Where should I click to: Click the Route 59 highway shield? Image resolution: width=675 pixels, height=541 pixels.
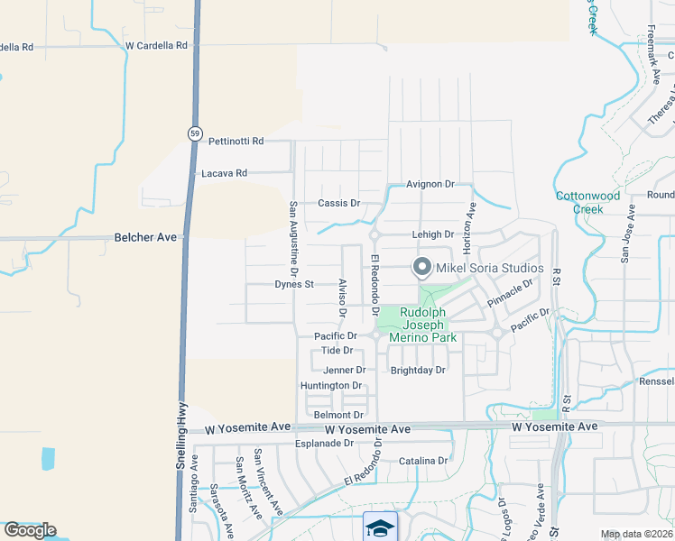pyautogui.click(x=195, y=133)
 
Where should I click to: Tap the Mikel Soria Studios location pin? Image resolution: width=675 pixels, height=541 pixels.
pyautogui.click(x=421, y=267)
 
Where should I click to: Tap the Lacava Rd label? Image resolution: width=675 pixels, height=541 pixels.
pyautogui.click(x=224, y=172)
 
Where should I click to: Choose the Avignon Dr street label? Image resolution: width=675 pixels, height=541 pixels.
pyautogui.click(x=430, y=184)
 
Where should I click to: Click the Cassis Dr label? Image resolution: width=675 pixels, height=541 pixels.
pyautogui.click(x=338, y=203)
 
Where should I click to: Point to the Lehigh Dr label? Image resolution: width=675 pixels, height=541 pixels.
pyautogui.click(x=433, y=234)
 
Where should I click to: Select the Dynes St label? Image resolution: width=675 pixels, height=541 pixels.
pyautogui.click(x=293, y=284)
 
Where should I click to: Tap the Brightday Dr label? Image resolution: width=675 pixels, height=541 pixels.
pyautogui.click(x=418, y=370)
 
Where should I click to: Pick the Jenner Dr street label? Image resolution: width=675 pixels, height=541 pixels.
pyautogui.click(x=344, y=370)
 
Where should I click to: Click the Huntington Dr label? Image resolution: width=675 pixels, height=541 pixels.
pyautogui.click(x=330, y=385)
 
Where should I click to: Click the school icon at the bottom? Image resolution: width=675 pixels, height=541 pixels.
pyautogui.click(x=380, y=527)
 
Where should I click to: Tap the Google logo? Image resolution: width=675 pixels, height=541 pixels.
pyautogui.click(x=30, y=529)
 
